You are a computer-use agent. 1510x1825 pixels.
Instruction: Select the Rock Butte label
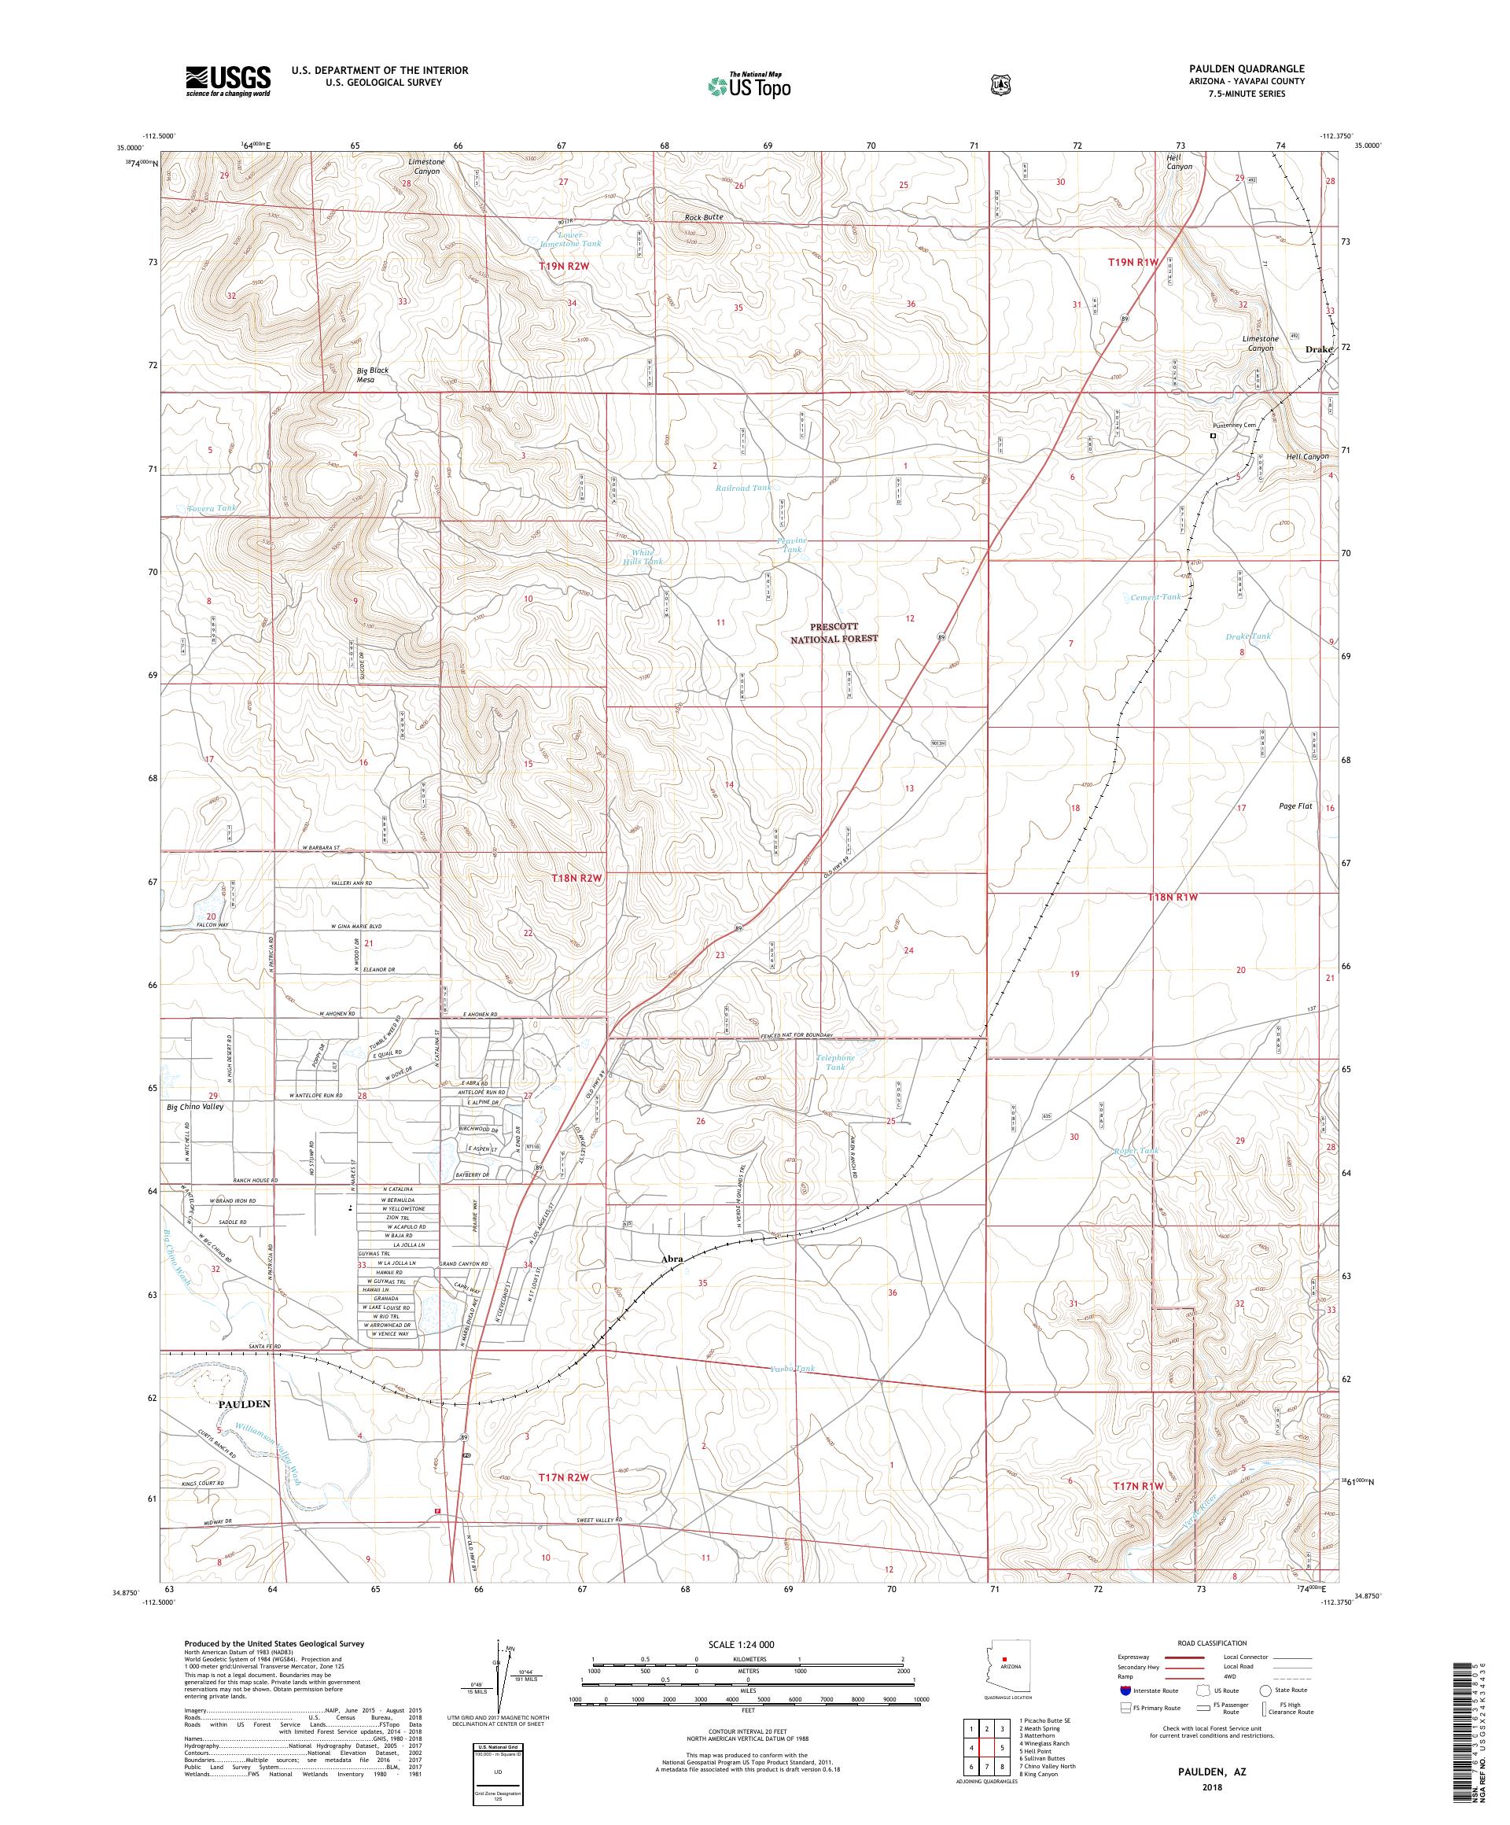(703, 216)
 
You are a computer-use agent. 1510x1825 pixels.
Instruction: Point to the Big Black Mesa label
(372, 374)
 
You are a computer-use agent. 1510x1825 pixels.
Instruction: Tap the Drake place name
(1317, 349)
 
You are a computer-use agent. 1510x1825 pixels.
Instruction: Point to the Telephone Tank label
(834, 1062)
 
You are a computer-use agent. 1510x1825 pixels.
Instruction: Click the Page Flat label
(1295, 806)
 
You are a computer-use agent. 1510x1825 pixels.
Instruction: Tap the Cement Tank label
(1156, 597)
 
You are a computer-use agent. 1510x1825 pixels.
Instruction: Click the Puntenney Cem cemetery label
(1235, 425)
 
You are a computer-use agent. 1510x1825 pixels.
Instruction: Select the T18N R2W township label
(576, 879)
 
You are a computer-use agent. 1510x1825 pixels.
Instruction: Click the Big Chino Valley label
(196, 1106)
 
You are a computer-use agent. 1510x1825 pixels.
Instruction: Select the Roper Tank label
(1136, 1151)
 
